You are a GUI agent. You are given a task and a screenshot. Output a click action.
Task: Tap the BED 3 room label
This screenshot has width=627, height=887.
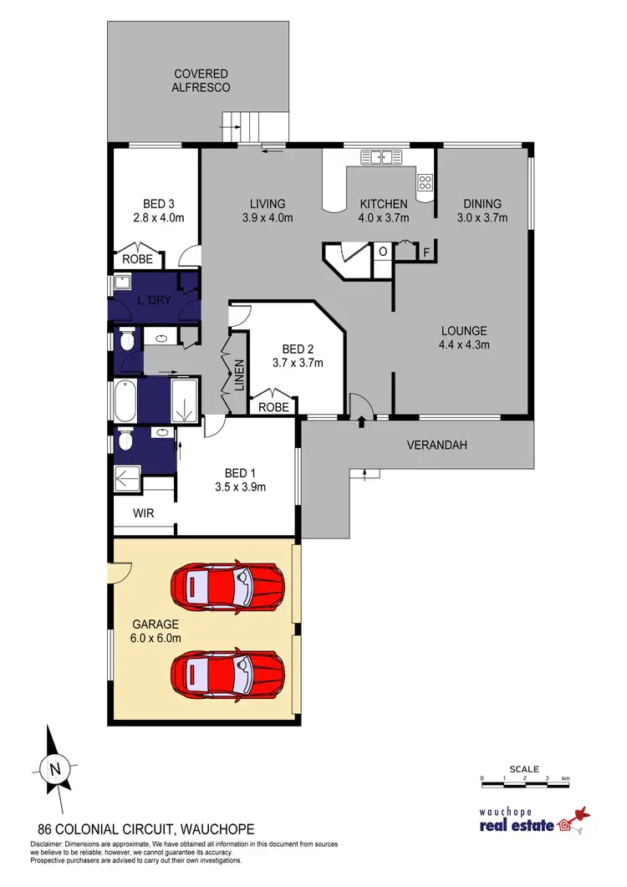click(158, 203)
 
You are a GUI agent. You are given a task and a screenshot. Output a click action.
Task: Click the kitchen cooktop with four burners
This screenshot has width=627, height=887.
click(425, 182)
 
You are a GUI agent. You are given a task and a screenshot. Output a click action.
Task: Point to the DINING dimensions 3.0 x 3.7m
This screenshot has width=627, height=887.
click(482, 218)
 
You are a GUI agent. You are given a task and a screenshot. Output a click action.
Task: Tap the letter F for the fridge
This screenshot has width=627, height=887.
click(426, 252)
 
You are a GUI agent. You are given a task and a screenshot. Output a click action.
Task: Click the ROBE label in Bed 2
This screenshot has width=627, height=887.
click(274, 406)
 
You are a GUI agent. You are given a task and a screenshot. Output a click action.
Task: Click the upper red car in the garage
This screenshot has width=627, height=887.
click(227, 583)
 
